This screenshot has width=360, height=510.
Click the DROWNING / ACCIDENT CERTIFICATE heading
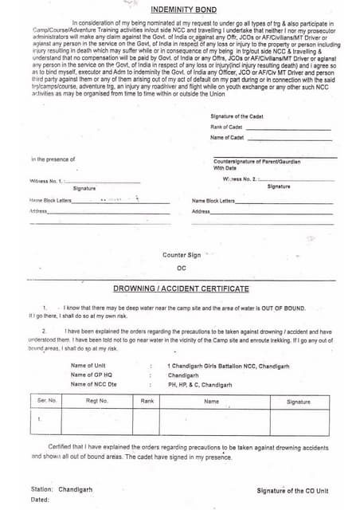click(x=181, y=288)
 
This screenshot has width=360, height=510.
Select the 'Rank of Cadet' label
click(x=226, y=127)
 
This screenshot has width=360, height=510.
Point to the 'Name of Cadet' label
click(x=227, y=137)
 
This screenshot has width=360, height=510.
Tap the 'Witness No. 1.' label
click(x=50, y=181)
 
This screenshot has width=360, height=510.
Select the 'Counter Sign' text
click(x=182, y=254)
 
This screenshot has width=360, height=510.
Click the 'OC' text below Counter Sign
click(x=182, y=268)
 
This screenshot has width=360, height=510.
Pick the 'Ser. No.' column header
click(x=47, y=401)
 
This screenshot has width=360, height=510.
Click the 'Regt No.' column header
click(x=96, y=401)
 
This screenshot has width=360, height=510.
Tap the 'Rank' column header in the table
click(x=147, y=401)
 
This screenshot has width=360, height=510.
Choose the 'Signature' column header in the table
click(x=299, y=402)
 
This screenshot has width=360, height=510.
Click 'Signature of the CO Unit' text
click(x=292, y=490)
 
